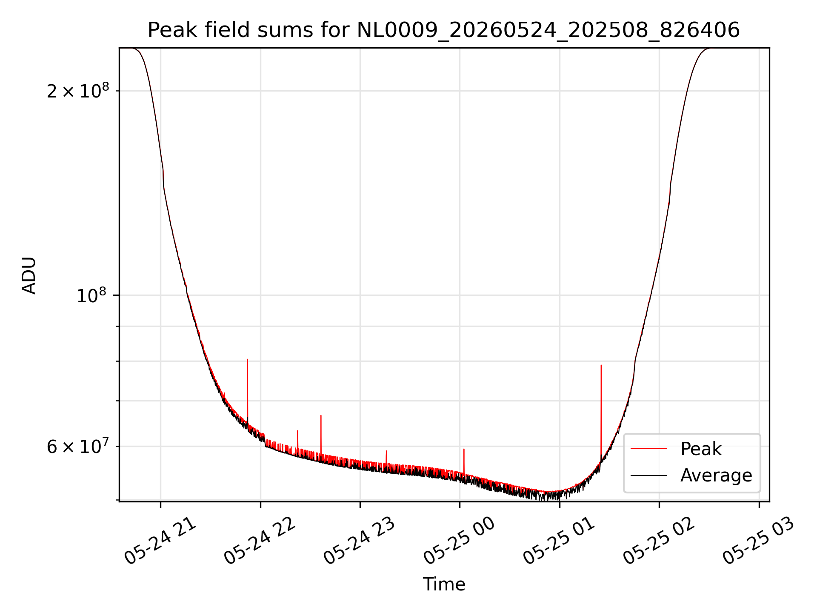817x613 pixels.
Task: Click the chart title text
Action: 444,30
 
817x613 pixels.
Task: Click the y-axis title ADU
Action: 29,275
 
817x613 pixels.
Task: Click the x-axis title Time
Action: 444,584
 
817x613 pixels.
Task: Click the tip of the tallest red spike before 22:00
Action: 247,359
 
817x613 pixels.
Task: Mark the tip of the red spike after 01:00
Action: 601,365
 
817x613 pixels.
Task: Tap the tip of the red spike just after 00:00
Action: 464,449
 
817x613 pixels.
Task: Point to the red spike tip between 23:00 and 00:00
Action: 386,451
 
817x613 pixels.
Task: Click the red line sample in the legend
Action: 648,449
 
